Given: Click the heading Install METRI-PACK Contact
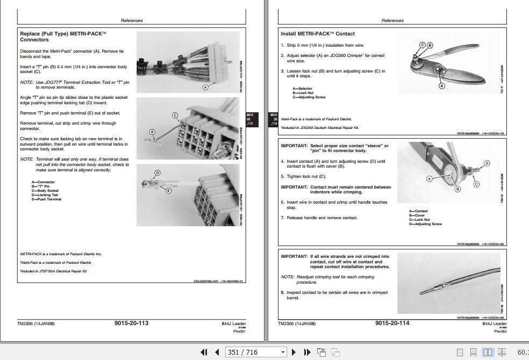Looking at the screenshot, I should (x=317, y=34).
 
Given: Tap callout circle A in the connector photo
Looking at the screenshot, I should (x=204, y=86).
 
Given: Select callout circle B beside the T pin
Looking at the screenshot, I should (x=152, y=131).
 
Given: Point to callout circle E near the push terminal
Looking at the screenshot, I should (x=168, y=190).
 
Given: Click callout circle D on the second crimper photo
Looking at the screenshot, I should (x=487, y=163).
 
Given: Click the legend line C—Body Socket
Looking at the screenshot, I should (x=45, y=191).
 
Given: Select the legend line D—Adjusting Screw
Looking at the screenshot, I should (x=425, y=224).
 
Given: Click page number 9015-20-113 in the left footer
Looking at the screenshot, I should (x=131, y=323).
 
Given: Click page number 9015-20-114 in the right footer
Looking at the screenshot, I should (x=392, y=323).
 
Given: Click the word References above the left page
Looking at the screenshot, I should (x=132, y=20).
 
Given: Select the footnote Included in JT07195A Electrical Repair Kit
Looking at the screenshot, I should (x=54, y=271).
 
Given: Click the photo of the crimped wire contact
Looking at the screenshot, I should (x=448, y=283).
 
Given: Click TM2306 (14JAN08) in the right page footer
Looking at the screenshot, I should (x=297, y=323).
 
